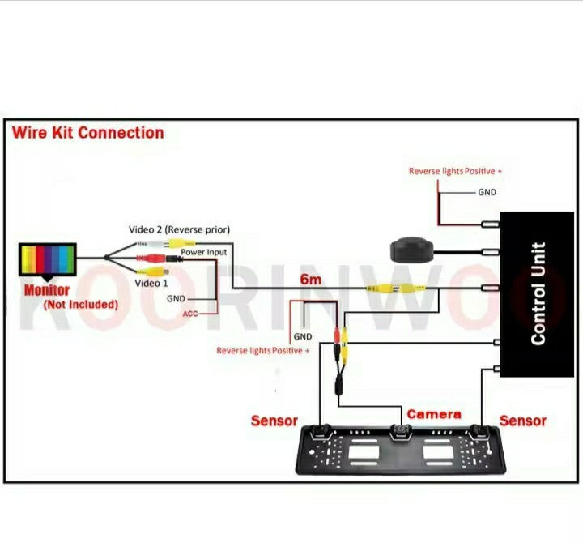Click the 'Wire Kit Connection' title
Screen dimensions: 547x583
(x=87, y=133)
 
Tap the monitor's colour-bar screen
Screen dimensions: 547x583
(x=48, y=261)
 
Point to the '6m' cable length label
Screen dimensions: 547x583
(x=312, y=280)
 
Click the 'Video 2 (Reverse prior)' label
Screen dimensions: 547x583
(x=179, y=229)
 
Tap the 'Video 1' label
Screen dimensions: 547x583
(x=151, y=284)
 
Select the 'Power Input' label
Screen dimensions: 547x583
(x=204, y=252)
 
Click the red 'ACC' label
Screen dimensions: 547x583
(x=190, y=314)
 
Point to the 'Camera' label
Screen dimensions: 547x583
(x=433, y=414)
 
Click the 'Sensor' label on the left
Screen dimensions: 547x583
(x=274, y=421)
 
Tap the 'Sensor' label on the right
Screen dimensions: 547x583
(x=522, y=421)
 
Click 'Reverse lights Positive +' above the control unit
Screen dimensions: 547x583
(x=455, y=171)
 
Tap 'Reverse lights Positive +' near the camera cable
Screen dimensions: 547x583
(x=263, y=350)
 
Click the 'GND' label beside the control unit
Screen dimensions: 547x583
(x=487, y=192)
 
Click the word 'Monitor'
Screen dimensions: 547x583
(x=47, y=290)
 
